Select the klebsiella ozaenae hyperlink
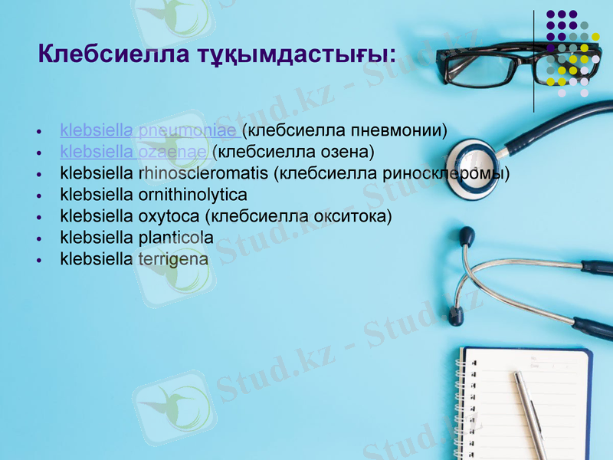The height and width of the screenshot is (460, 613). pyautogui.click(x=135, y=152)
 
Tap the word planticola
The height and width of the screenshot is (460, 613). pyautogui.click(x=175, y=238)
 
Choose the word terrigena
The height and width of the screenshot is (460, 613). pyautogui.click(x=172, y=259)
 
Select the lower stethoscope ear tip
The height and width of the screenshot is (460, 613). pyautogui.click(x=456, y=315)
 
